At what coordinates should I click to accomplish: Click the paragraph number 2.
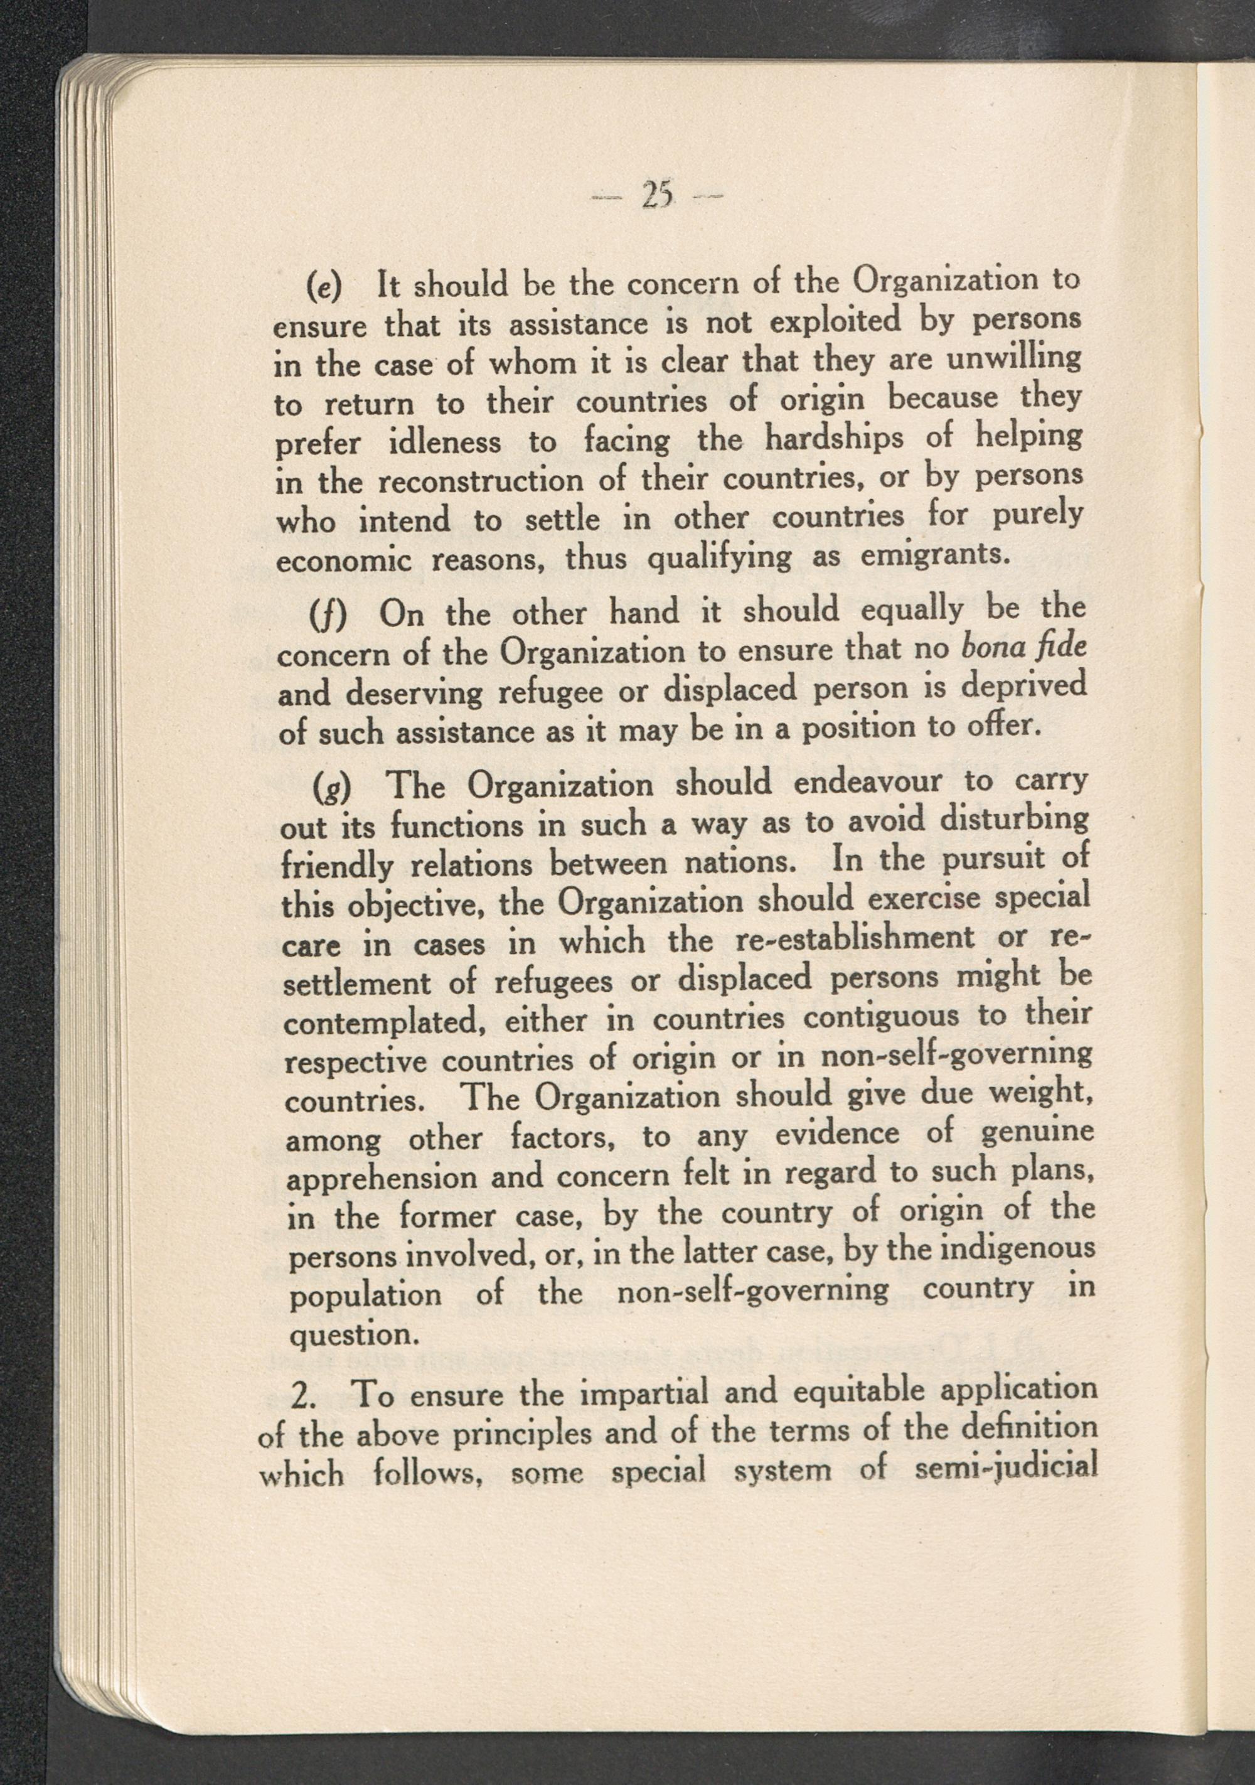click(x=300, y=1396)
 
